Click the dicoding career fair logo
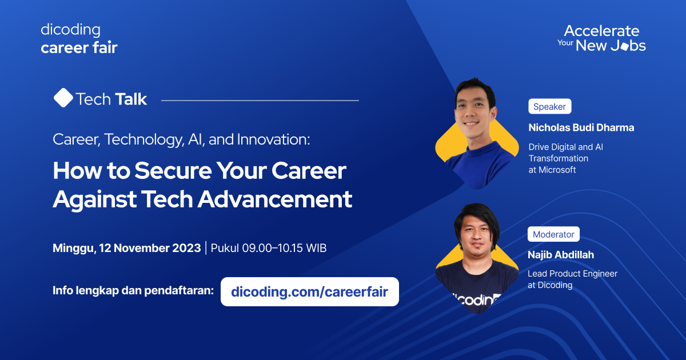(79, 39)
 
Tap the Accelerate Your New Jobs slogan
(601, 38)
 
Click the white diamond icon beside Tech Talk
(63, 98)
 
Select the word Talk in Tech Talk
(130, 99)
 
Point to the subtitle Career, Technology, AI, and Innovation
(181, 140)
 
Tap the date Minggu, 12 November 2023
(126, 248)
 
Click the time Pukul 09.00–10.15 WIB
(269, 248)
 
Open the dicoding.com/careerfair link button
(309, 292)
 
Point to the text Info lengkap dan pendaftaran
(133, 290)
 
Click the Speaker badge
(549, 106)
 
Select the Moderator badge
(553, 234)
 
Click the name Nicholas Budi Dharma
(581, 127)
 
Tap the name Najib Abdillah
(561, 255)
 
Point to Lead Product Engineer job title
(572, 274)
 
